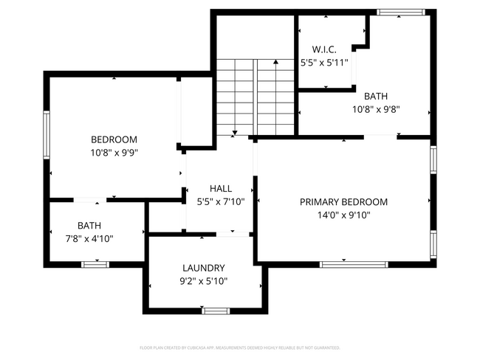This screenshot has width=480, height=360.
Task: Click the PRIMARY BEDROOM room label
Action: point(343,202)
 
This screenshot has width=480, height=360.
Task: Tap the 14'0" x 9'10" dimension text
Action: point(343,215)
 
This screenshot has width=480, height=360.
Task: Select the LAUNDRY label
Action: point(204,268)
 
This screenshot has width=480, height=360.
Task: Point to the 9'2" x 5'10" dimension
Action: point(204,281)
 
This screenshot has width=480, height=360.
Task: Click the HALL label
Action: point(221,188)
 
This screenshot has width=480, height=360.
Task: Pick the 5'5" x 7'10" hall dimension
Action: point(221,201)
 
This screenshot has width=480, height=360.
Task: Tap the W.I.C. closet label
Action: point(324,49)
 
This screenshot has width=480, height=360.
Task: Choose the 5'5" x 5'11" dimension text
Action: point(324,63)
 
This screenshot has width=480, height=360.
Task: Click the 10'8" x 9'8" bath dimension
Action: point(375,108)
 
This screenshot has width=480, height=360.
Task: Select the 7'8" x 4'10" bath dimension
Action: point(89,238)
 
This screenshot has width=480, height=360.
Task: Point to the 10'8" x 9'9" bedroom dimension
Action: point(114,153)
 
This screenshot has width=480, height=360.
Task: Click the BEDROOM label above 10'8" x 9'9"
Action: point(114,139)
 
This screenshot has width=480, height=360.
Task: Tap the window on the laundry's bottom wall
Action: point(216,311)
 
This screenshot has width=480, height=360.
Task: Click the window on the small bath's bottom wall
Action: point(95,264)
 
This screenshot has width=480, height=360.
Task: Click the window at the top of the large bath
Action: point(401,12)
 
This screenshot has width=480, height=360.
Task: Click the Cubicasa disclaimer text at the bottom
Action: point(239,347)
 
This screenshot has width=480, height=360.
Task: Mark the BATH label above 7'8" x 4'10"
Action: point(89,225)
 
